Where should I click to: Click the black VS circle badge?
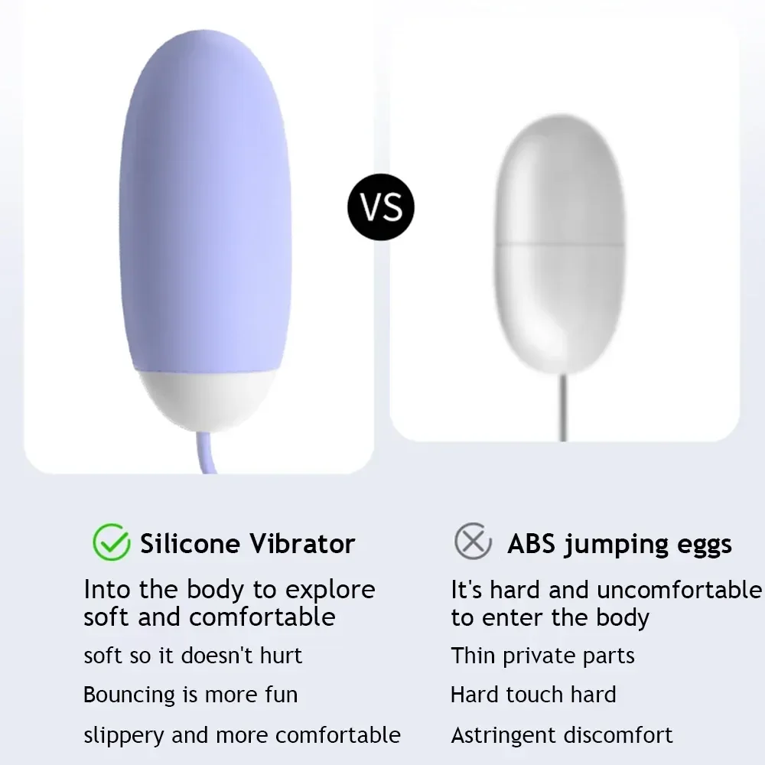click(381, 207)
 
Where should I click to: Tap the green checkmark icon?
click(111, 542)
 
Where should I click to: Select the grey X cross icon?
click(473, 542)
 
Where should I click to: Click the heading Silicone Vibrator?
click(247, 544)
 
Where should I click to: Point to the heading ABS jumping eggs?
click(619, 544)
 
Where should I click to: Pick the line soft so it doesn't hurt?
click(193, 656)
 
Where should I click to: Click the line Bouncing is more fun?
click(190, 695)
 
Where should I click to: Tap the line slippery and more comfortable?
click(242, 735)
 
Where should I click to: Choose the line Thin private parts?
click(542, 656)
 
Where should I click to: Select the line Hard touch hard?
click(533, 695)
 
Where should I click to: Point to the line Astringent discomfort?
click(562, 735)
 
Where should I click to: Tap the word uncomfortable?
click(679, 590)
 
